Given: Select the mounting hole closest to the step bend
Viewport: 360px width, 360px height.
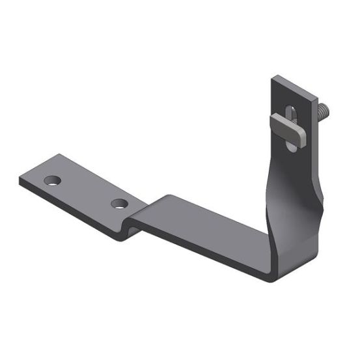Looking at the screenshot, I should pyautogui.click(x=118, y=204).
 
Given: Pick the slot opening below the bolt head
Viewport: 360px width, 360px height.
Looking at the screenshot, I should pyautogui.click(x=290, y=145).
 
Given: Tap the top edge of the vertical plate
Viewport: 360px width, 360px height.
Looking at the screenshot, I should pyautogui.click(x=290, y=83).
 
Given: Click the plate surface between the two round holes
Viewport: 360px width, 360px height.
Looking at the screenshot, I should pyautogui.click(x=85, y=190).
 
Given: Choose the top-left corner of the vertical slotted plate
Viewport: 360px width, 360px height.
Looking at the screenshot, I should pyautogui.click(x=274, y=77).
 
